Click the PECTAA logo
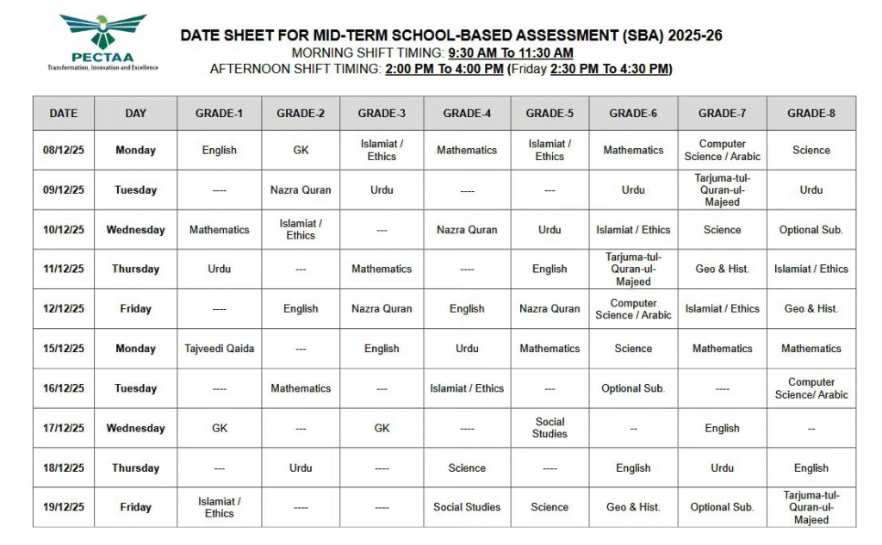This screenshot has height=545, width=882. [102, 41]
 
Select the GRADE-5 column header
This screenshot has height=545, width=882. [550, 113]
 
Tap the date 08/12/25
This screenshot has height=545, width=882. [63, 150]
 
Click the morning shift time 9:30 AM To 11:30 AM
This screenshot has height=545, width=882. [510, 53]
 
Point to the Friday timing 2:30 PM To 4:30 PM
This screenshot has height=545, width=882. [609, 69]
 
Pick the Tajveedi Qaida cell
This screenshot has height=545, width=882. [219, 349]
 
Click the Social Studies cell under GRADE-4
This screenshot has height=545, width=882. [467, 507]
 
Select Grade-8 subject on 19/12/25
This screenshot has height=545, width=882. [811, 507]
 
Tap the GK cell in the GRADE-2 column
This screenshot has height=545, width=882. [301, 150]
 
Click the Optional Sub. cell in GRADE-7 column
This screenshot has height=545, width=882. [722, 507]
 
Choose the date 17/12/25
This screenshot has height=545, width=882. [63, 428]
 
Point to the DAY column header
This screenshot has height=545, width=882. [135, 113]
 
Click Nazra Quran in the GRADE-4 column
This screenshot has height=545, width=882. [467, 230]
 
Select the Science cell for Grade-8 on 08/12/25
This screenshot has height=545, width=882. [811, 150]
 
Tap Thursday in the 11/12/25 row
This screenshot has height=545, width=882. [135, 269]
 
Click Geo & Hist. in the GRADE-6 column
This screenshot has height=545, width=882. [633, 507]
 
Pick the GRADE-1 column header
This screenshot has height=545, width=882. [219, 113]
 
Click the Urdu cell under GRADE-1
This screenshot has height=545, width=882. [219, 269]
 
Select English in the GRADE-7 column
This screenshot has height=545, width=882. [722, 428]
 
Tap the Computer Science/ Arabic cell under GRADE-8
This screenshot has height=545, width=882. [811, 388]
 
